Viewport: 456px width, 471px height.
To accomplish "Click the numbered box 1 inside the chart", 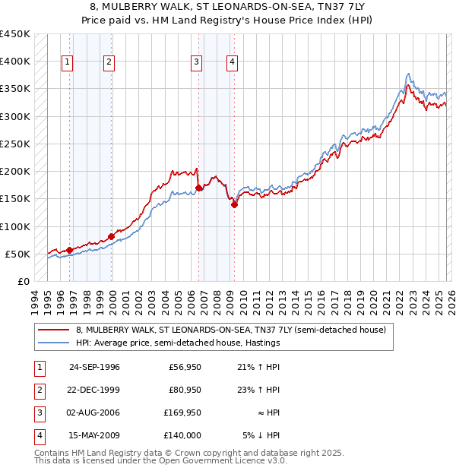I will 68,62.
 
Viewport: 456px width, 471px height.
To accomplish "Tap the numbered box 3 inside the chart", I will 196,62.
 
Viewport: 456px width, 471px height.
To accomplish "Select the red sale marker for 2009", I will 234,204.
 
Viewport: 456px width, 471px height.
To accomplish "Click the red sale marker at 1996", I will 69,250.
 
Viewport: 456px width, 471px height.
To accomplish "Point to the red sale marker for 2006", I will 198,188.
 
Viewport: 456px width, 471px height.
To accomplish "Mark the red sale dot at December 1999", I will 111,236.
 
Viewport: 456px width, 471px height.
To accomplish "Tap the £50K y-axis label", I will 18,254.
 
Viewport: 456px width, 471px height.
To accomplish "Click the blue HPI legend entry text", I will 178,343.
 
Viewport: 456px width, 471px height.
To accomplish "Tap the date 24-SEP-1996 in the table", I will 94,367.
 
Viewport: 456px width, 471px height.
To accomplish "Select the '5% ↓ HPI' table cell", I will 261,435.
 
